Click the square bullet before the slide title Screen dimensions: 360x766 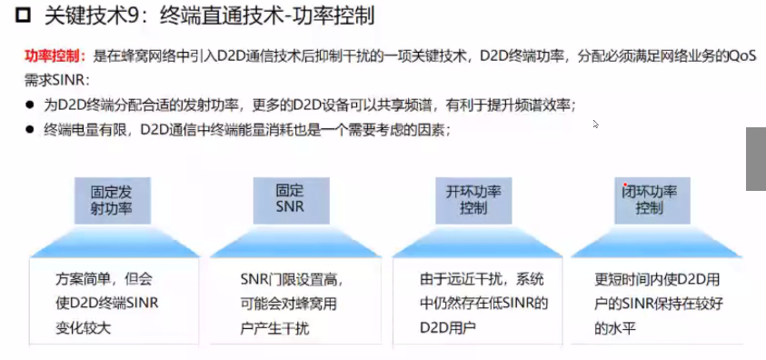click(11, 16)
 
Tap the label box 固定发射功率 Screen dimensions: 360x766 click(112, 200)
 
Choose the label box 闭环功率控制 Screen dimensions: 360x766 click(650, 200)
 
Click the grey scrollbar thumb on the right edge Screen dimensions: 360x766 click(756, 159)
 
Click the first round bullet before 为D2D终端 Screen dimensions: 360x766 click(30, 105)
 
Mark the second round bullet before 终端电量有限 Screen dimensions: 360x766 click(30, 131)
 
